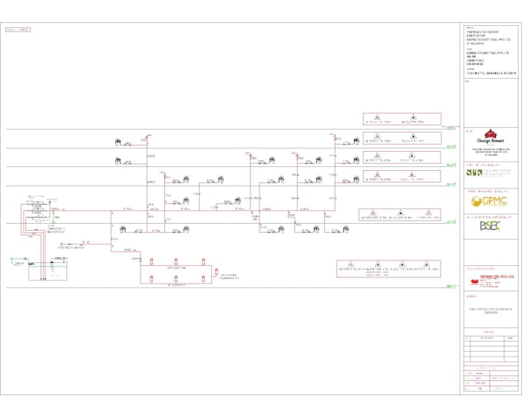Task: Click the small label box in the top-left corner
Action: coord(18,30)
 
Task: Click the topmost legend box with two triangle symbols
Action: coord(401,119)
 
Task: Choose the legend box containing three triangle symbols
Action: coord(399,215)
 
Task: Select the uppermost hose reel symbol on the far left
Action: coord(120,141)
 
